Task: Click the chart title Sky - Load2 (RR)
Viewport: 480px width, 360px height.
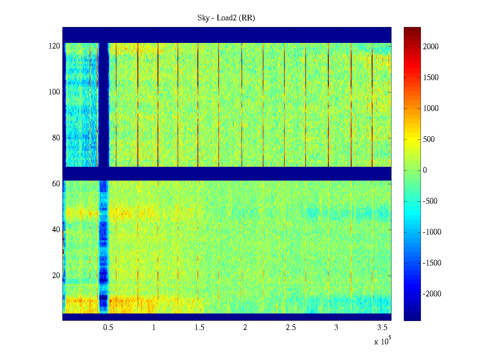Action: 226,18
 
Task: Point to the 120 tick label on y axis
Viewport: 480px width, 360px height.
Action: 54,46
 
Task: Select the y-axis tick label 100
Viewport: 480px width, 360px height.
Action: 54,92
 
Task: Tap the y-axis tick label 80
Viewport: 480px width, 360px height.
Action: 56,138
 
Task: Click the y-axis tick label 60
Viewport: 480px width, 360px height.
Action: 56,184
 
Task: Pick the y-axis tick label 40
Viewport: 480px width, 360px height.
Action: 56,230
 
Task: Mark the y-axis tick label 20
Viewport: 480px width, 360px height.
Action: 56,276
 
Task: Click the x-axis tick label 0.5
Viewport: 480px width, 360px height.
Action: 108,328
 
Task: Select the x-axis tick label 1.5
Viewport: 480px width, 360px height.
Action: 199,328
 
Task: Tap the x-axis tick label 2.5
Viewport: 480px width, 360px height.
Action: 291,328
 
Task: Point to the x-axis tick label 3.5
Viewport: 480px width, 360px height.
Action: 382,328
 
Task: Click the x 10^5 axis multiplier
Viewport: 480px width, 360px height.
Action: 382,341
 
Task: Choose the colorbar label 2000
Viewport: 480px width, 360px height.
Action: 431,46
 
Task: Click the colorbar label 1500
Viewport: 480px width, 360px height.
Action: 431,77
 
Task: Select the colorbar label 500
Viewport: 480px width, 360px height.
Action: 429,139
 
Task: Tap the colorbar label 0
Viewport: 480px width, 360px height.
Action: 425,170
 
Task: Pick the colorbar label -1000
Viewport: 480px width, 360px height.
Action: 432,232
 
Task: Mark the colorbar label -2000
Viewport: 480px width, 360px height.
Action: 432,294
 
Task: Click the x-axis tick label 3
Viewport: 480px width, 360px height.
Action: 336,328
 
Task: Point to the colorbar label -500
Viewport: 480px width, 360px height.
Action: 430,201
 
